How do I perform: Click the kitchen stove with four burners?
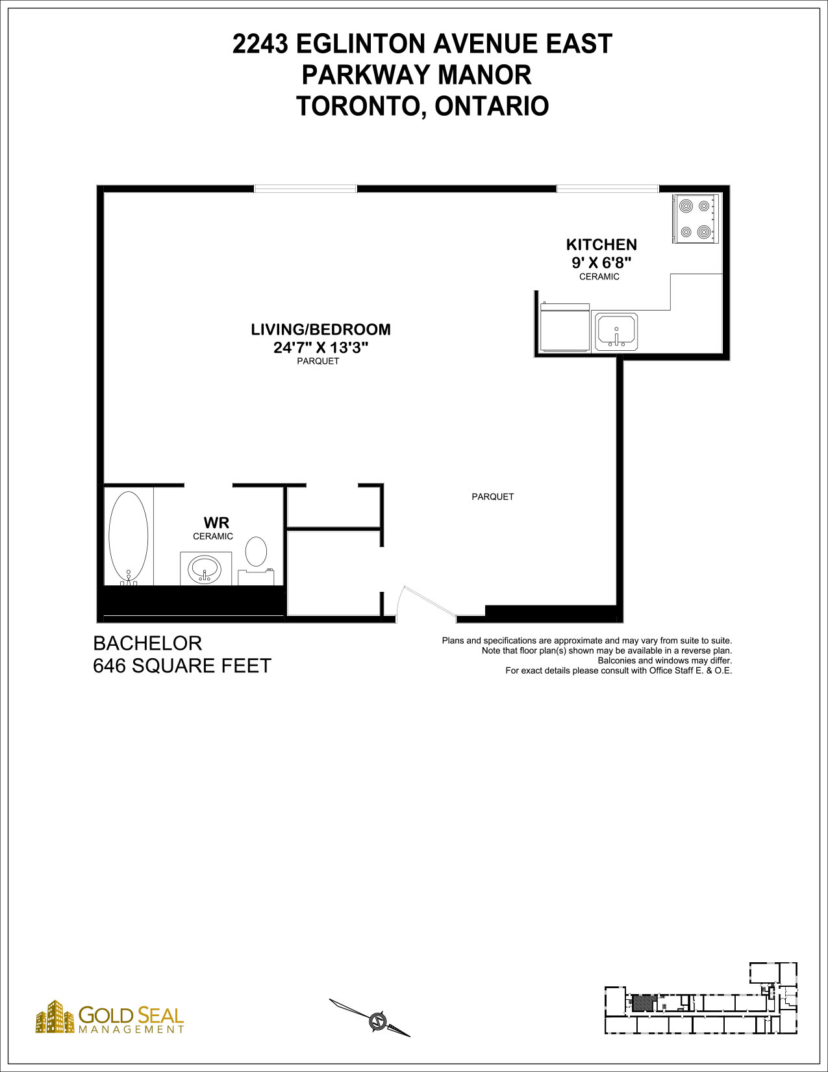pos(696,218)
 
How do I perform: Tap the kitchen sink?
pos(616,332)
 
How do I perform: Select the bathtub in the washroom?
pos(128,538)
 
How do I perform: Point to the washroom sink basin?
pos(205,570)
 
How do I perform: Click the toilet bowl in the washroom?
pos(256,552)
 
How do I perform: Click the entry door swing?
pos(427,602)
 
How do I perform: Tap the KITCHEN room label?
pos(601,245)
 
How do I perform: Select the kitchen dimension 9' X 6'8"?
pos(601,262)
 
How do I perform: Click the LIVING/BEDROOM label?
pos(321,329)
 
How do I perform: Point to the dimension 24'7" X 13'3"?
pos(321,348)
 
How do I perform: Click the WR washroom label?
pos(216,522)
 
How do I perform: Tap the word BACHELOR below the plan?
pos(147,643)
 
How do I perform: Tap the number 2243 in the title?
pos(260,44)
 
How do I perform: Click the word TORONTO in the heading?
pos(358,106)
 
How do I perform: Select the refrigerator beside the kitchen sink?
pos(564,327)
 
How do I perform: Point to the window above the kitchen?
pos(608,188)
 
